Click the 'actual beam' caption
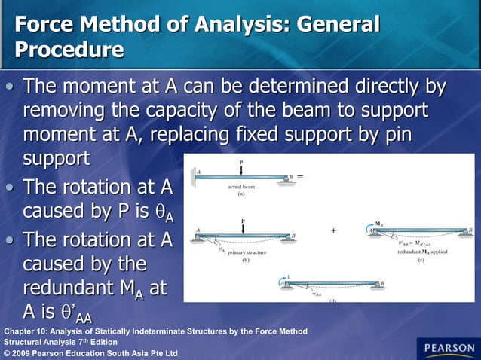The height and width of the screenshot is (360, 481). (241, 185)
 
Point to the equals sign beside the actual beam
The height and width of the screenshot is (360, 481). (301, 176)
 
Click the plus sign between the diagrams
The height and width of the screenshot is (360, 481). (333, 230)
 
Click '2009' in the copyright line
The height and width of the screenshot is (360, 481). (27, 352)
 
